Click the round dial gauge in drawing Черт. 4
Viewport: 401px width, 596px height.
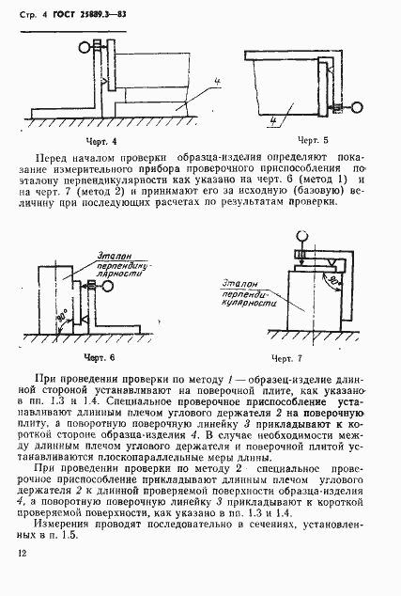coord(86,44)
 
